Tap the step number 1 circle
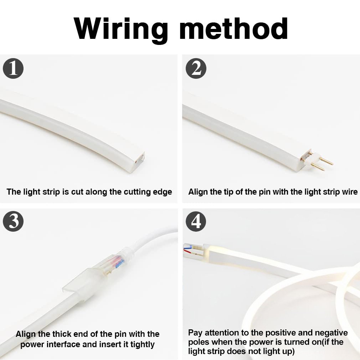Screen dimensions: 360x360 (x=13, y=68)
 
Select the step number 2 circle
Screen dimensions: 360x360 (x=196, y=68)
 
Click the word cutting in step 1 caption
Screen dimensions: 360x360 (x=137, y=192)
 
